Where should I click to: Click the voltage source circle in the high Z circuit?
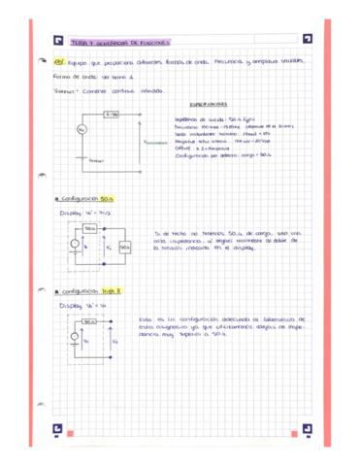coord(76,341)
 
